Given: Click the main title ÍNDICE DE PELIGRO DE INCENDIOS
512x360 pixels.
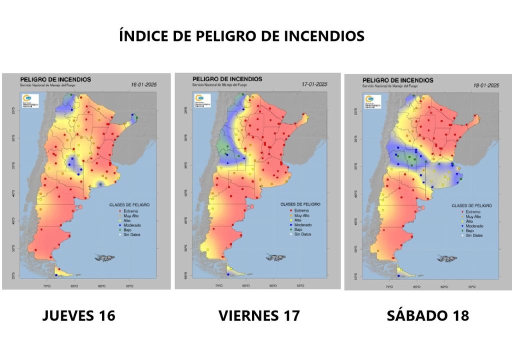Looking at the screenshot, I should pyautogui.click(x=242, y=36).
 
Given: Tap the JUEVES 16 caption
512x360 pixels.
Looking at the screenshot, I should pyautogui.click(x=79, y=315).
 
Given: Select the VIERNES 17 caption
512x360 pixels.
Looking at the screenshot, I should pyautogui.click(x=259, y=315).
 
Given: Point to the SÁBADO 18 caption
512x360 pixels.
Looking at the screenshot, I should pyautogui.click(x=427, y=315).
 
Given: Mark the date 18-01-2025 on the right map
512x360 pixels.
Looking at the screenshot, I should pyautogui.click(x=485, y=85).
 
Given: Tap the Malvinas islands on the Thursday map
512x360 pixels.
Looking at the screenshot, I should pyautogui.click(x=103, y=258).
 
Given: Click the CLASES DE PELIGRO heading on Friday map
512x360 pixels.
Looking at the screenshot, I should pyautogui.click(x=300, y=204).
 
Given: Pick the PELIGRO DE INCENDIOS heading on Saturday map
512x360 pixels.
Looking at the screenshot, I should pyautogui.click(x=397, y=80).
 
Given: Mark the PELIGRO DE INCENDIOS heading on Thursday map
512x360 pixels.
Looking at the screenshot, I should pyautogui.click(x=55, y=79).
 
